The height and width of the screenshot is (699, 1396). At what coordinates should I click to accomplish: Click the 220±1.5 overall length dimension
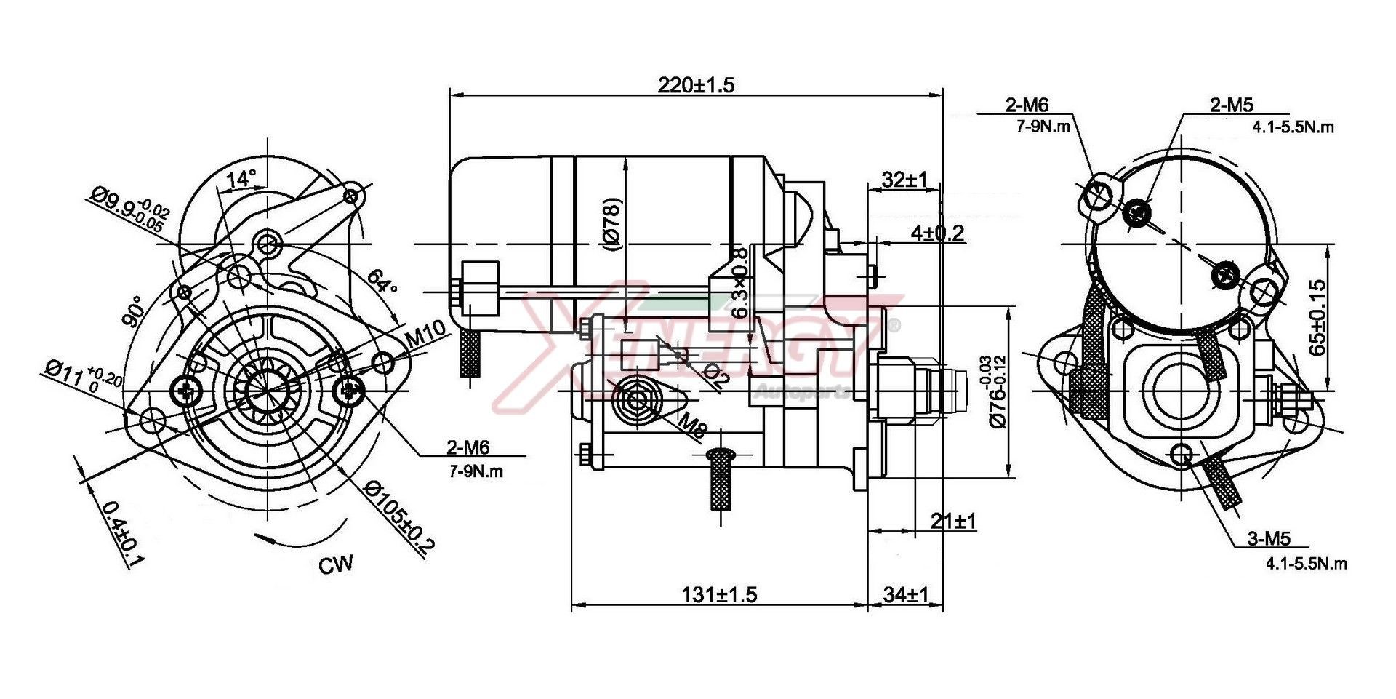(696, 85)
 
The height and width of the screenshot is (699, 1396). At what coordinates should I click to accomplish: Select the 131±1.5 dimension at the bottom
(719, 595)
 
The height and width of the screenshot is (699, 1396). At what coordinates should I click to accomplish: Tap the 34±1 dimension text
(905, 595)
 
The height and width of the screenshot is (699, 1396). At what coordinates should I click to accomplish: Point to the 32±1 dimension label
(904, 179)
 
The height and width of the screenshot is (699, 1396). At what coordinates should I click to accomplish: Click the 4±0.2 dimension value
(937, 233)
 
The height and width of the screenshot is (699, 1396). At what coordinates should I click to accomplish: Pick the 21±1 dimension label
(953, 521)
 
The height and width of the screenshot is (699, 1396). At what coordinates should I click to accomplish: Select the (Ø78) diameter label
(612, 225)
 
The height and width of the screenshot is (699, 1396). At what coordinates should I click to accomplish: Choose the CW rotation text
(336, 564)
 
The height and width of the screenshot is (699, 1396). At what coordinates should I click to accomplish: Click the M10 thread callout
(425, 335)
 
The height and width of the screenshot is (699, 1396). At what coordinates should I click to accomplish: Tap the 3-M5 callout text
(1269, 539)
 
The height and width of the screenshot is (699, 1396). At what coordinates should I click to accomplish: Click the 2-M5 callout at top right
(1232, 105)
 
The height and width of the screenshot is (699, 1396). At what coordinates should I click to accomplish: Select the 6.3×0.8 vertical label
(739, 283)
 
